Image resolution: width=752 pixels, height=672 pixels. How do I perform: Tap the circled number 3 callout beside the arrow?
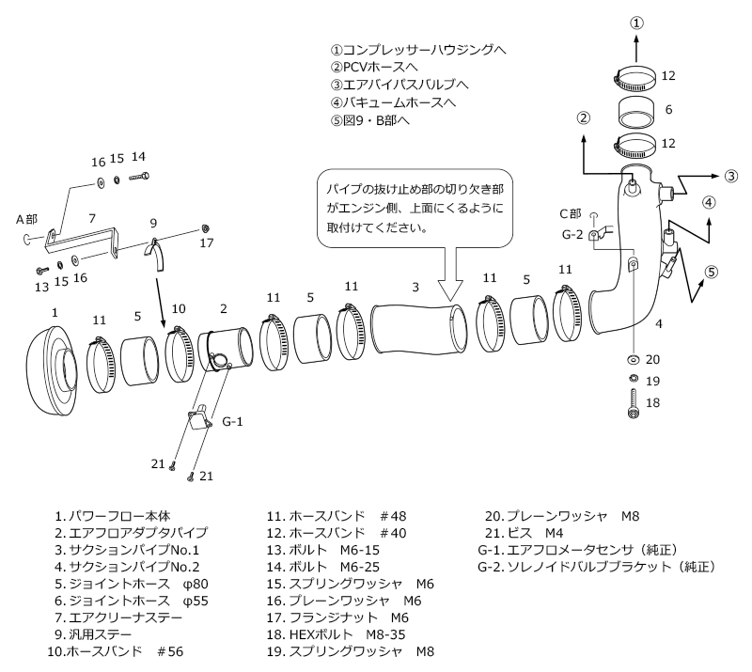tap(731, 176)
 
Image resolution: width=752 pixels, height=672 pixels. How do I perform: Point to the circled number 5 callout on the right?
tap(712, 273)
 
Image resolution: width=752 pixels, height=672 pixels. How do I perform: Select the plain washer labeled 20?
tap(631, 360)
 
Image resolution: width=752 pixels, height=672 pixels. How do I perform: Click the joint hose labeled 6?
tap(636, 110)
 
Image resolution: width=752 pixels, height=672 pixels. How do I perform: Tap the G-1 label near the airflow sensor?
tap(234, 422)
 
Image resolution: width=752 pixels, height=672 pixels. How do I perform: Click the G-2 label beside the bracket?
tap(572, 234)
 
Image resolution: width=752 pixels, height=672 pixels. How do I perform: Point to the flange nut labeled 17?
tap(204, 228)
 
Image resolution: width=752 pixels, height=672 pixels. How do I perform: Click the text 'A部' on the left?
tap(26, 218)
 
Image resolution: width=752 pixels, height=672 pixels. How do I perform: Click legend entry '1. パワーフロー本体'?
tap(112, 515)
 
